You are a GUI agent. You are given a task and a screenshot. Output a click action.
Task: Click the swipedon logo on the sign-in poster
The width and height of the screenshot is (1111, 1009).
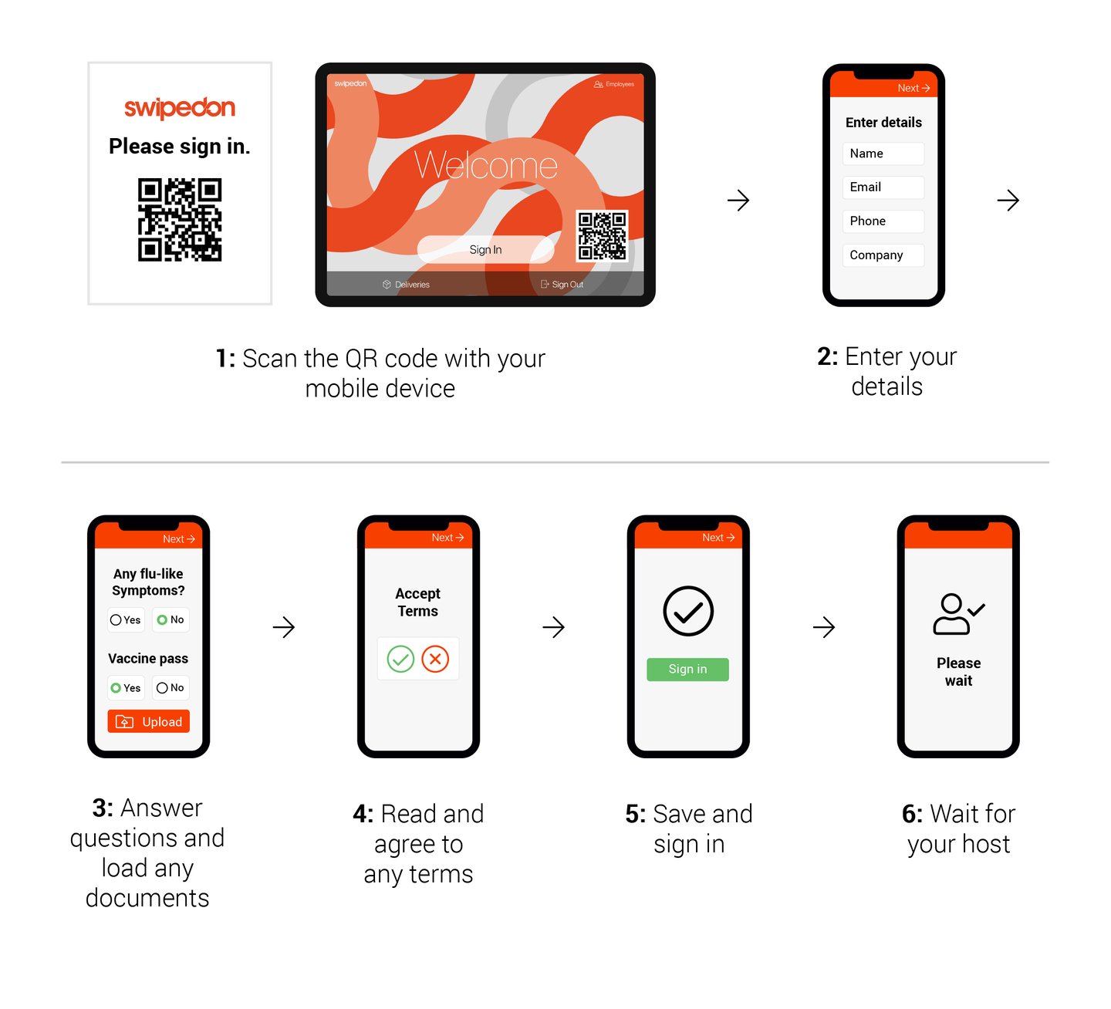tap(180, 107)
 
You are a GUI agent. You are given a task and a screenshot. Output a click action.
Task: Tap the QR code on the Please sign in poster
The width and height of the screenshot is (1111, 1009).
tap(180, 220)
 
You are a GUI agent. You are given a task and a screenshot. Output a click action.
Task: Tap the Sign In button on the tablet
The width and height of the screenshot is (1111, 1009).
tap(485, 249)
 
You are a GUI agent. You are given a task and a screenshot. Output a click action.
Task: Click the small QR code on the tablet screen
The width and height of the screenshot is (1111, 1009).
tap(602, 235)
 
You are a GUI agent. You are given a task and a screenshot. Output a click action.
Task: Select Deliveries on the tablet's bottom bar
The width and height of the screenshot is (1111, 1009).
tap(407, 285)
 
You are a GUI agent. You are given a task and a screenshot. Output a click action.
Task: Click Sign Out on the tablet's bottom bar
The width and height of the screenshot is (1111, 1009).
tap(562, 285)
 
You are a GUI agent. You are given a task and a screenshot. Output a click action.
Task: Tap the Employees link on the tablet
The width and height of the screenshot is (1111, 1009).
tap(614, 84)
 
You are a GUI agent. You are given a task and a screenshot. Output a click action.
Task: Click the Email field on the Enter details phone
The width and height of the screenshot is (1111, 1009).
tap(883, 187)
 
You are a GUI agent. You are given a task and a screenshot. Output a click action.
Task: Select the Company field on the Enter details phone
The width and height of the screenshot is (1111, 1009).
tap(883, 255)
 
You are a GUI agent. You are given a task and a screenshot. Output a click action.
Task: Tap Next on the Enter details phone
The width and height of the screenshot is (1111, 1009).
tap(913, 88)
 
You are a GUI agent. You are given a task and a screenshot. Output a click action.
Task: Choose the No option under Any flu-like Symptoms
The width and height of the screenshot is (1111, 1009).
tap(171, 619)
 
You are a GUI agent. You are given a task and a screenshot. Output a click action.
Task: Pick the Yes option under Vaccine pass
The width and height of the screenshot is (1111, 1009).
tap(126, 687)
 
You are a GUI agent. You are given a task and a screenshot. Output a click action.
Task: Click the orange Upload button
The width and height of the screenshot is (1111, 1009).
tap(149, 721)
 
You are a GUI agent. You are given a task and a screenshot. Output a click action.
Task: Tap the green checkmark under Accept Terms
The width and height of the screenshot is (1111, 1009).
tap(400, 659)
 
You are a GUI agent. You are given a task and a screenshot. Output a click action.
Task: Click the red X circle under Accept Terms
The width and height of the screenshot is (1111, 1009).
tap(435, 659)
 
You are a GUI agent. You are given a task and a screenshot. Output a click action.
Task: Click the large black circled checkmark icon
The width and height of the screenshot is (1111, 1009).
tap(688, 611)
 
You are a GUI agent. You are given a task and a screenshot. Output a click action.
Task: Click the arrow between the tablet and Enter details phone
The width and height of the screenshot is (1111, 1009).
tap(738, 201)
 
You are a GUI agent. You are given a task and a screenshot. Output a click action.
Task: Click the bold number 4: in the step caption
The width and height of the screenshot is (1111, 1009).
tap(363, 814)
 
